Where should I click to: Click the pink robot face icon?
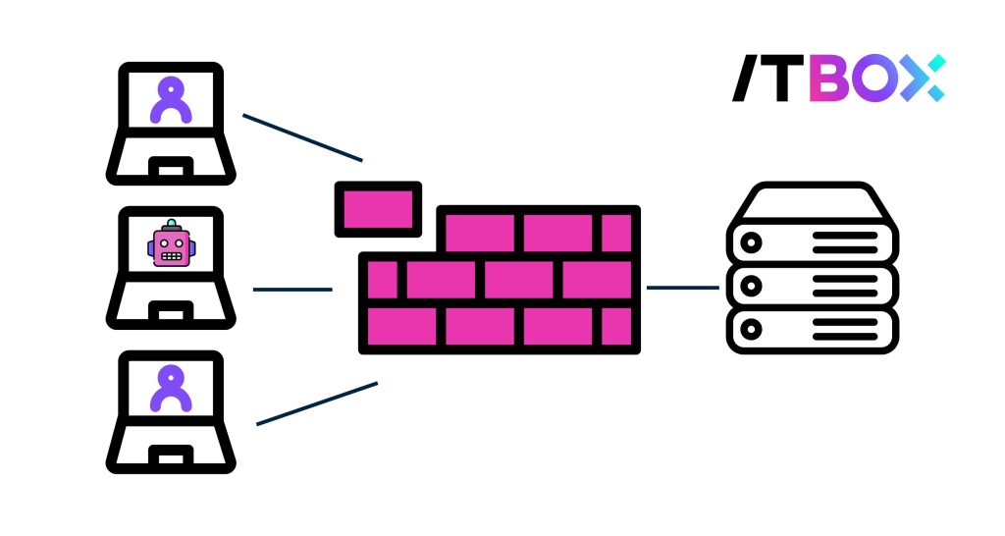pyautogui.click(x=171, y=245)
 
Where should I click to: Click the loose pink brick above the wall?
pyautogui.click(x=378, y=208)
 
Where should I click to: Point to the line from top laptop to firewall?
pyautogui.click(x=302, y=137)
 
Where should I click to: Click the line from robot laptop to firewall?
pyautogui.click(x=292, y=290)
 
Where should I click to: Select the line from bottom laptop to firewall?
pyautogui.click(x=316, y=403)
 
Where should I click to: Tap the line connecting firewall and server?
pyautogui.click(x=683, y=288)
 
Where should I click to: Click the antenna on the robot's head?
pyautogui.click(x=171, y=222)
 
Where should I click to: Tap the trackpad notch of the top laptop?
pyautogui.click(x=171, y=167)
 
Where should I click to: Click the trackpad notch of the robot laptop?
pyautogui.click(x=171, y=312)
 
